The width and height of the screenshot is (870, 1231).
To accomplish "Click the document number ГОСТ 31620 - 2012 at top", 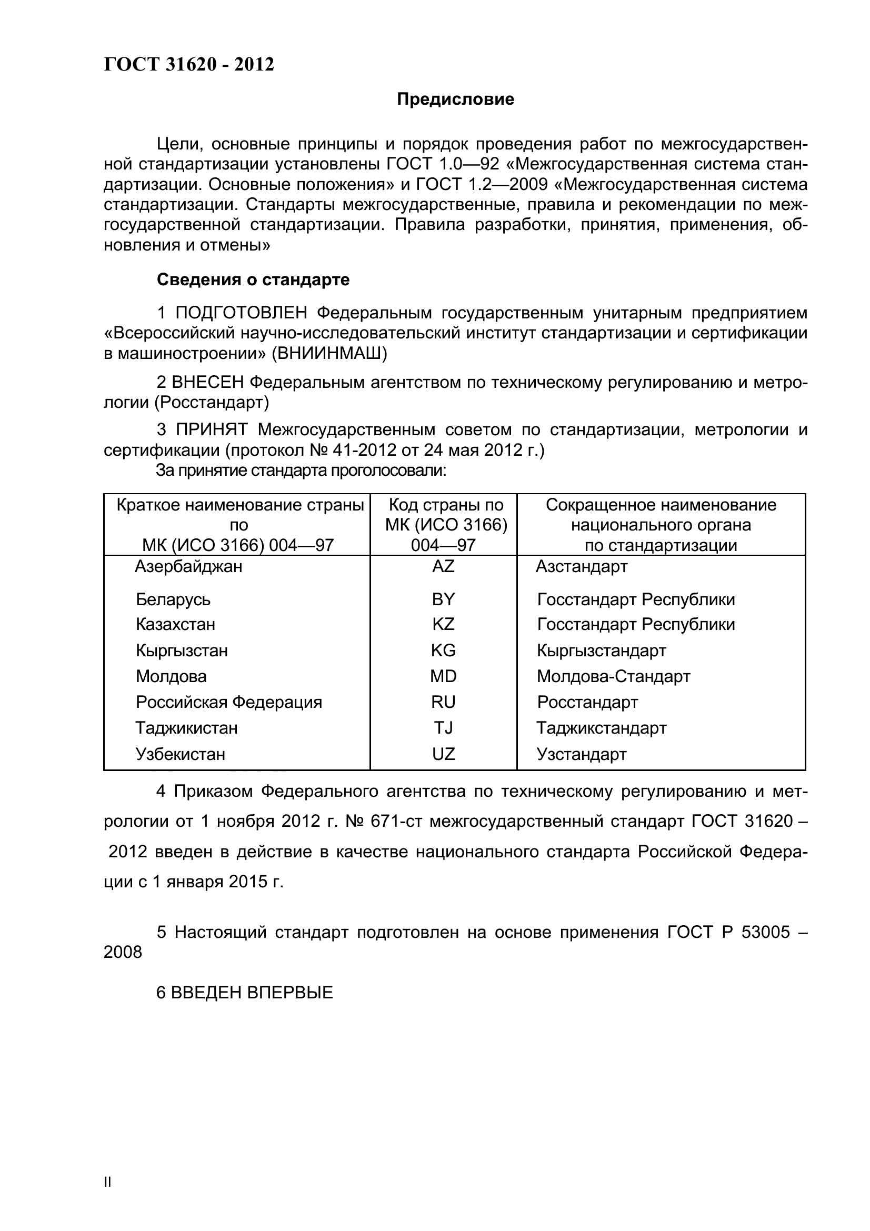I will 189,64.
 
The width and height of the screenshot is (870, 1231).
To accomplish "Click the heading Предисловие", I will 455,99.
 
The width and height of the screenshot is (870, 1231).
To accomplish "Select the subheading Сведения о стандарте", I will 253,279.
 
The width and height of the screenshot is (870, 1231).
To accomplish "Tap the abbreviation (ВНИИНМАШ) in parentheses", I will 329,353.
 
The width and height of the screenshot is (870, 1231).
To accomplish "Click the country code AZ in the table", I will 443,566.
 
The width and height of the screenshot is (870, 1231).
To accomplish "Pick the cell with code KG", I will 443,650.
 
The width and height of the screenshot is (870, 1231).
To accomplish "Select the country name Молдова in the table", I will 171,676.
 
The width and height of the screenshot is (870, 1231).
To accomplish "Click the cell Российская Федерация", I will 229,702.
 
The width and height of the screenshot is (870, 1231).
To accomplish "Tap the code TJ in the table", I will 443,727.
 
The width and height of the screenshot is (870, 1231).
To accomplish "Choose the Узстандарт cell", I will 581,754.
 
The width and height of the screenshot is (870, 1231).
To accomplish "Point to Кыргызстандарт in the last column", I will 601,650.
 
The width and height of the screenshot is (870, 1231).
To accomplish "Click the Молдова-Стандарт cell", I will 613,676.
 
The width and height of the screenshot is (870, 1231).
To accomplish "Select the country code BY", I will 443,599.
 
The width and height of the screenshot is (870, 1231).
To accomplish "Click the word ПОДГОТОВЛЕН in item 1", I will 242,312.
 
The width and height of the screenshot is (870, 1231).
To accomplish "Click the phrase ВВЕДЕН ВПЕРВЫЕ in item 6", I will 252,992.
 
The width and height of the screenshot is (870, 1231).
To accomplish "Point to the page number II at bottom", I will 107,1197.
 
